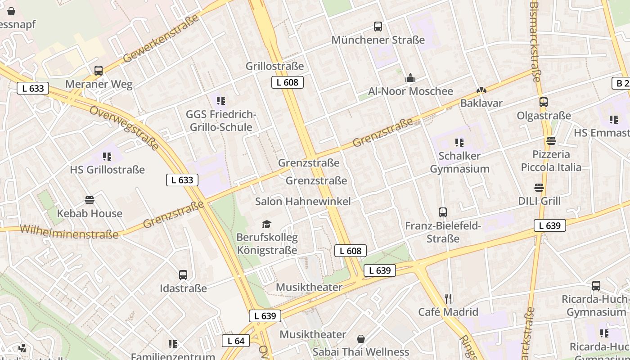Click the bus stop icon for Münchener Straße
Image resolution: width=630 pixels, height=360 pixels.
[x=378, y=27]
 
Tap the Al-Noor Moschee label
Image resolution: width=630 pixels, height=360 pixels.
[x=410, y=91]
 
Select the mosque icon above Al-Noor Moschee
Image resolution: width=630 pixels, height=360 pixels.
[x=410, y=78]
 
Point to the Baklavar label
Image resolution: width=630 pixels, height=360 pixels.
[x=481, y=103]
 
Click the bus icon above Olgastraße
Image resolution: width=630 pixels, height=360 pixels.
[x=544, y=102]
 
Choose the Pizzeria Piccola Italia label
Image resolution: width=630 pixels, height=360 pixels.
[x=551, y=161]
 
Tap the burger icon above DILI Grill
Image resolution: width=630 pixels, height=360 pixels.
[x=539, y=187]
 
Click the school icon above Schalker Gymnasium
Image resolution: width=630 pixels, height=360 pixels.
[x=459, y=143]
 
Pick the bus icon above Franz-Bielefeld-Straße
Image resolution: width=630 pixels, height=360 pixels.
[x=443, y=212]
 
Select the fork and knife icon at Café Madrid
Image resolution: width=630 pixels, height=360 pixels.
[x=448, y=298]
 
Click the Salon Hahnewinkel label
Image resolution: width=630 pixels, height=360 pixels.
[x=303, y=201]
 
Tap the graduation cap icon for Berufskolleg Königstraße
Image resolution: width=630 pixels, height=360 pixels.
[x=267, y=224]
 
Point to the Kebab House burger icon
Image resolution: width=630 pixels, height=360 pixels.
[x=90, y=200]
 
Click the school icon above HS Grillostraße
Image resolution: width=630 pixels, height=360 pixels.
[x=107, y=157]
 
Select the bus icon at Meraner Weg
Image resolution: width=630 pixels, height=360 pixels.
[x=99, y=71]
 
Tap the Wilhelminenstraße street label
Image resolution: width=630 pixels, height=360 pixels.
[x=69, y=232]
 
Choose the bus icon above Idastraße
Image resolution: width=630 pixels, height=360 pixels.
[x=183, y=275]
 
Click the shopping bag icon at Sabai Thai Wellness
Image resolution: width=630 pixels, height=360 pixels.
[x=360, y=339]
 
